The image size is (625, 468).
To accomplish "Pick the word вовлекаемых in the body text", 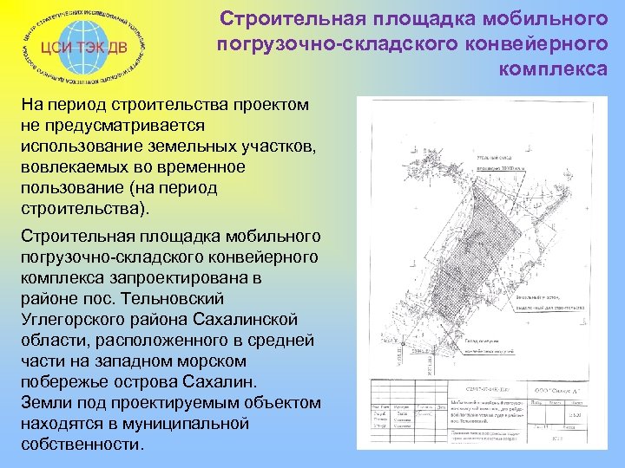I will pyautogui.click(x=82, y=167).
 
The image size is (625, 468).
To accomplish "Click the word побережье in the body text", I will pyautogui.click(x=66, y=381).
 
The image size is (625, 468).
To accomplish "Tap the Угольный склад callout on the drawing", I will pyautogui.click(x=495, y=159).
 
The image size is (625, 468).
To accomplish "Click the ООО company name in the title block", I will pyautogui.click(x=551, y=393).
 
